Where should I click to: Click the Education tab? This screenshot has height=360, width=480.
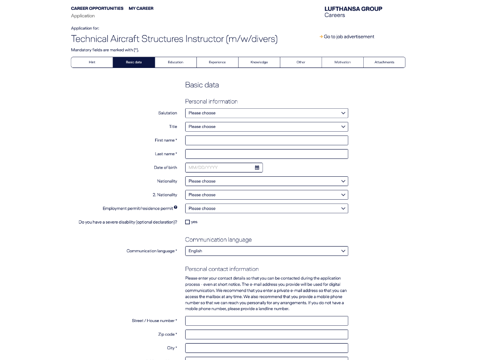click(175, 62)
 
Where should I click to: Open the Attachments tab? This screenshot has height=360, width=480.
click(384, 62)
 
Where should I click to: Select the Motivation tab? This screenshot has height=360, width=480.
click(342, 62)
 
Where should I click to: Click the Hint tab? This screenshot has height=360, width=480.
click(92, 62)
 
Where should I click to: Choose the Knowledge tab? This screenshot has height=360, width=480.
click(259, 62)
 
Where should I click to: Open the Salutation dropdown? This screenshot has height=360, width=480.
click(266, 113)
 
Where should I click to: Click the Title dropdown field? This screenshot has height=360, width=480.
click(266, 127)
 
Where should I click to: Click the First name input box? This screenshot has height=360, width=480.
click(266, 140)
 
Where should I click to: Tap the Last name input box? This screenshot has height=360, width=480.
click(266, 154)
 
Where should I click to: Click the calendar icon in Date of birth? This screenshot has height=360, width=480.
click(257, 167)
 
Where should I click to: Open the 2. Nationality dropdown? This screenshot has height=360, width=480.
click(266, 195)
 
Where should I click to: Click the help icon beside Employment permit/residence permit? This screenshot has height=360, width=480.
click(175, 207)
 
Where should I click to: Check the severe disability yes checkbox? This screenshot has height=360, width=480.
click(187, 222)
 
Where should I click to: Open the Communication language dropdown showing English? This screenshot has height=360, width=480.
click(266, 251)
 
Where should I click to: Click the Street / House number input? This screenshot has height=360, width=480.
click(266, 321)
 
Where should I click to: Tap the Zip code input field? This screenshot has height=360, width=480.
click(266, 334)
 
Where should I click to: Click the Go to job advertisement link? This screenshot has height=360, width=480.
click(349, 37)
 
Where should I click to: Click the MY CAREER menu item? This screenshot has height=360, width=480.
click(141, 8)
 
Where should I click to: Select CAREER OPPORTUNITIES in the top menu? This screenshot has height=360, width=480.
click(97, 8)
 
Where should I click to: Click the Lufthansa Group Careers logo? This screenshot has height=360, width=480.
click(353, 12)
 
